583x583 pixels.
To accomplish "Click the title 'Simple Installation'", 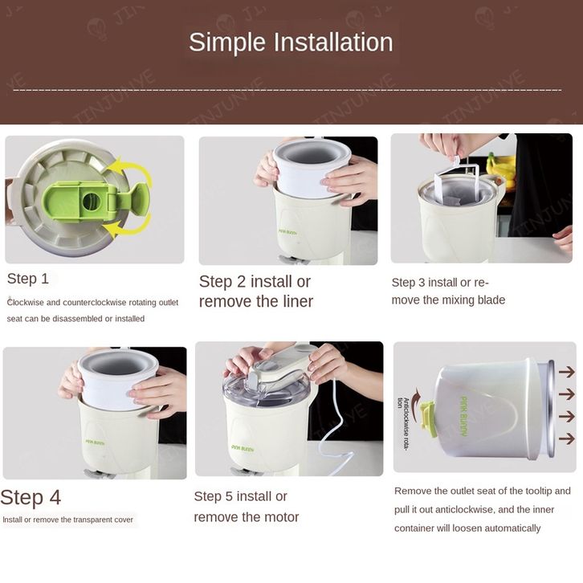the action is tap(291, 42).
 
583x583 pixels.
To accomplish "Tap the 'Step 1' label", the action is tap(28, 279).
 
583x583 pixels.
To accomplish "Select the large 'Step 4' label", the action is tap(31, 498).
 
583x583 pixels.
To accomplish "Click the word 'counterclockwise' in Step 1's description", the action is tap(95, 303).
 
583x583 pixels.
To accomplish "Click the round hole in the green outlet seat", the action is tap(91, 202).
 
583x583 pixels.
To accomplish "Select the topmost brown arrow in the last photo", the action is tap(567, 372).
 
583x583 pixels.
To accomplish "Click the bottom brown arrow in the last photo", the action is tap(567, 438).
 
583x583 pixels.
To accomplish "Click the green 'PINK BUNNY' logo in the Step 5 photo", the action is tap(243, 448).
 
